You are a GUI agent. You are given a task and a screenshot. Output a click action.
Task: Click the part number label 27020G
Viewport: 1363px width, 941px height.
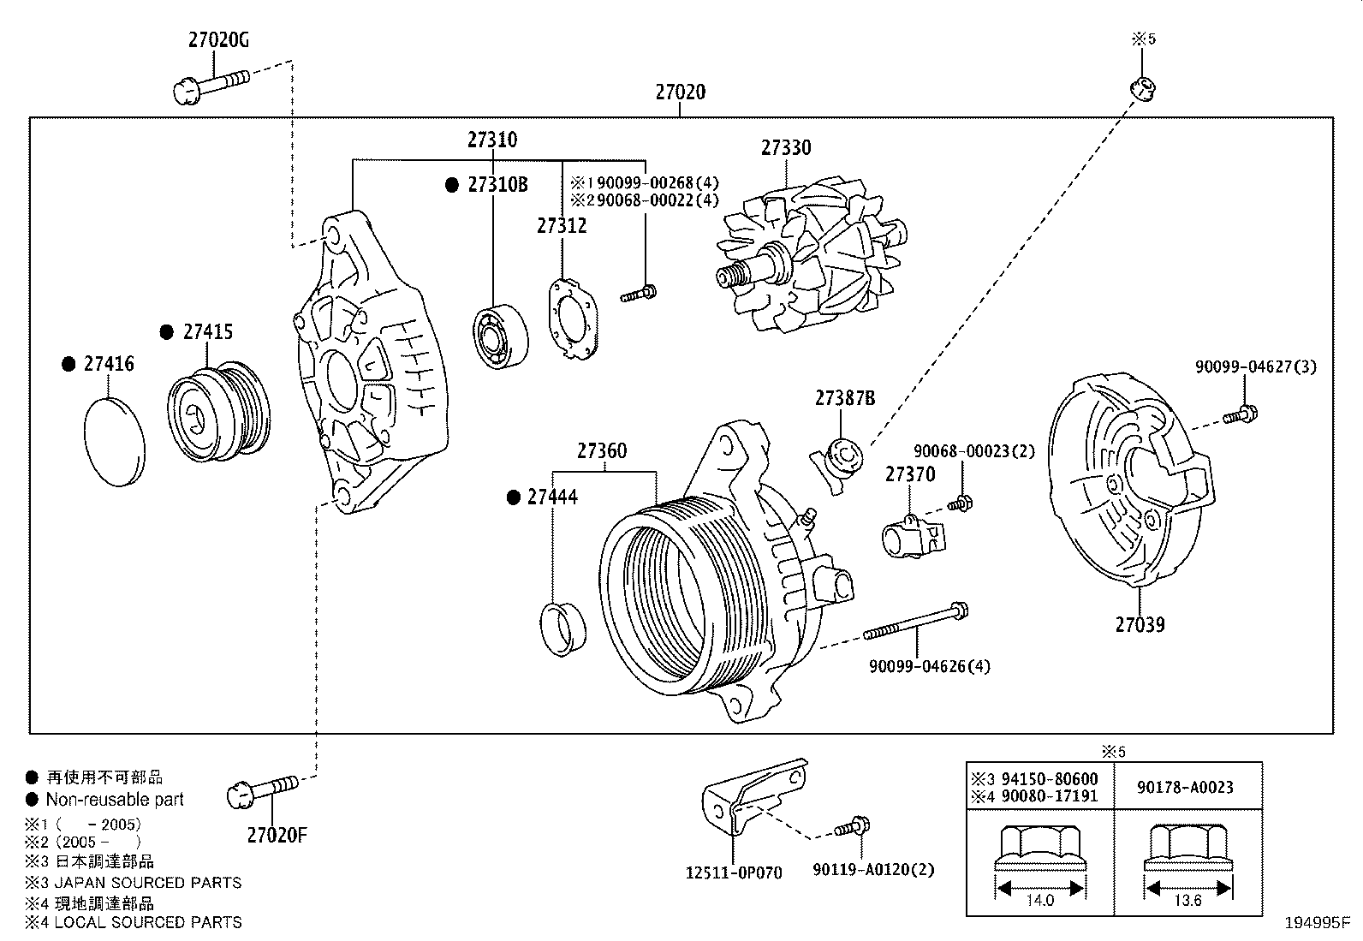[x=218, y=40]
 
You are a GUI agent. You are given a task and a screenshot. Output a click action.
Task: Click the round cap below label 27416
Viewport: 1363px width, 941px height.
[x=116, y=442]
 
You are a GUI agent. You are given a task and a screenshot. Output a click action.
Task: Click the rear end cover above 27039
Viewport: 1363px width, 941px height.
[x=1130, y=484]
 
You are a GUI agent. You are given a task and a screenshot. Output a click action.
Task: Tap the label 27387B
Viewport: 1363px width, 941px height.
[x=845, y=398]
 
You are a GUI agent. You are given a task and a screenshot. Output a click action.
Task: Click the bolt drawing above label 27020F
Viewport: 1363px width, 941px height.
[x=263, y=789]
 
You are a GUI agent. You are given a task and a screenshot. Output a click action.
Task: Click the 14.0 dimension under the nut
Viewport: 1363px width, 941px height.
[x=1039, y=900]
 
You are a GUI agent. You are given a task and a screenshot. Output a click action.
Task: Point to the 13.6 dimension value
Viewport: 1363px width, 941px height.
[x=1188, y=900]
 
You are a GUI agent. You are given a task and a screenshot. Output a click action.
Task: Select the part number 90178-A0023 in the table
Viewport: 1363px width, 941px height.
[x=1186, y=787]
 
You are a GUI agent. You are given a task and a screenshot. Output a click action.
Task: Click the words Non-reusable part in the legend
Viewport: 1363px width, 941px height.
[x=115, y=800]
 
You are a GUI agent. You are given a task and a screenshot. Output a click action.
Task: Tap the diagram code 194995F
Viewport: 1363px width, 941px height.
[x=1316, y=924]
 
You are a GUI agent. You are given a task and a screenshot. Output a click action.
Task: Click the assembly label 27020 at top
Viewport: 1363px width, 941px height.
[x=681, y=92]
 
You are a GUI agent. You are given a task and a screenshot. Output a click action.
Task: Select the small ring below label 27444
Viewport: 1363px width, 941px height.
[x=563, y=628]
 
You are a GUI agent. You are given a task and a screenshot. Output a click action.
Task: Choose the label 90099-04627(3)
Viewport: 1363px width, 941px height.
[x=1255, y=366]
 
